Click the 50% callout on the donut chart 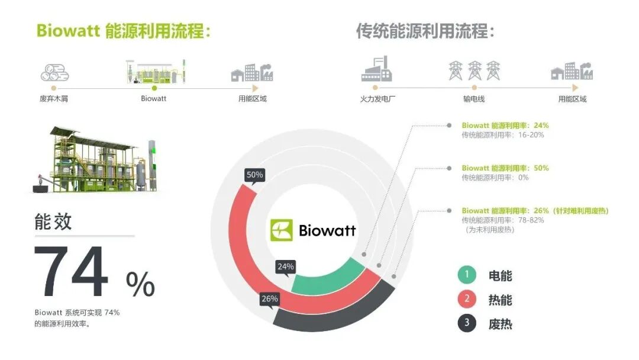tap(254, 175)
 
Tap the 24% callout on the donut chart tap(286, 267)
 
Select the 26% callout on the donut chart tap(269, 299)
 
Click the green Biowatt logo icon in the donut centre tap(282, 230)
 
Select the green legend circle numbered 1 tap(466, 275)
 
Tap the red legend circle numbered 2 tap(466, 300)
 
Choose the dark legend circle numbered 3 tap(466, 324)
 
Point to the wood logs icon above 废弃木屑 tap(54, 73)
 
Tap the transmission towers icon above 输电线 tap(474, 70)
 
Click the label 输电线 tap(474, 99)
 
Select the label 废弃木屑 tap(54, 99)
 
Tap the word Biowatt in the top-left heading tap(67, 31)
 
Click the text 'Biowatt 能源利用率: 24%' tap(505, 126)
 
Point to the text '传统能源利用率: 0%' tap(495, 177)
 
